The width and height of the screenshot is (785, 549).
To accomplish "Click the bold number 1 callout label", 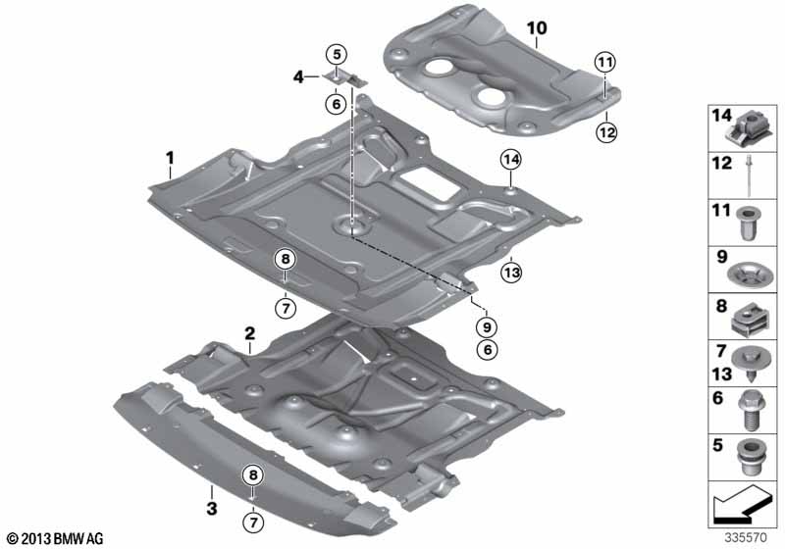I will point(170,157).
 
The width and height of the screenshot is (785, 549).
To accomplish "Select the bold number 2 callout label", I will point(250,332).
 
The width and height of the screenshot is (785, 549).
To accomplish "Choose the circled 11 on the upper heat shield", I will point(605,63).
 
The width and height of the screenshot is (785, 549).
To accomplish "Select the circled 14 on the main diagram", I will point(510,159).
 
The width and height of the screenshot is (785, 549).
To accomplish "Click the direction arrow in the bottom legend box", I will point(741,509).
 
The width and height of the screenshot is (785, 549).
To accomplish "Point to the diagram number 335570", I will point(750,538).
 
